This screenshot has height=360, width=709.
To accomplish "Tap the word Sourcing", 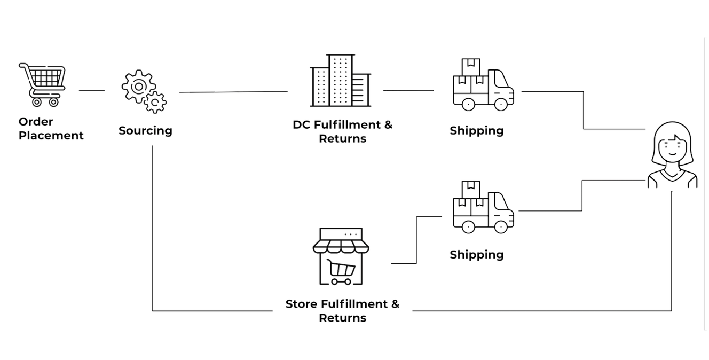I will tap(145, 131).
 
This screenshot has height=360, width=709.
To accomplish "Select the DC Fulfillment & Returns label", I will tap(342, 131).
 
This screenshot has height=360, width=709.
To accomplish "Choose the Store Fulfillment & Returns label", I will tap(342, 311).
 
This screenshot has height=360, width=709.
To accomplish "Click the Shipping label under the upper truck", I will tap(477, 131).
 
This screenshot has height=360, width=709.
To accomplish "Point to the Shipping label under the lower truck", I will tap(477, 255).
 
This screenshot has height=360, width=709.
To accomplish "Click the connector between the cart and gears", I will tap(91, 91).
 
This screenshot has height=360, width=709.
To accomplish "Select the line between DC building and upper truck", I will tap(408, 91).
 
